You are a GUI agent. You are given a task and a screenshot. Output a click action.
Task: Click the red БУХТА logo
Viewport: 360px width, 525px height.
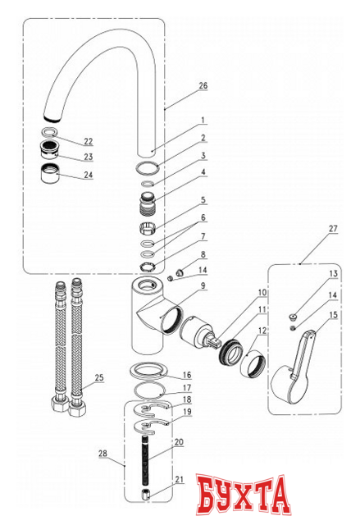[x=243, y=494]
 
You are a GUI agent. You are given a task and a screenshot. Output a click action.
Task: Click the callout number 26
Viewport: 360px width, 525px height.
[x=203, y=85]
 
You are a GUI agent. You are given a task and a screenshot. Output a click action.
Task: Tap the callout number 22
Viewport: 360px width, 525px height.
[x=89, y=141]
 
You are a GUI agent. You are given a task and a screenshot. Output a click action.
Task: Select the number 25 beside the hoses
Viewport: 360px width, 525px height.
[x=99, y=377]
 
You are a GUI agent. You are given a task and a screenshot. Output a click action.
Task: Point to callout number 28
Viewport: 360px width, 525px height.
[x=103, y=454]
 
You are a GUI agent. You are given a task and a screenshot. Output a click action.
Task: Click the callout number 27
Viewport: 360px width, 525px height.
[x=333, y=229]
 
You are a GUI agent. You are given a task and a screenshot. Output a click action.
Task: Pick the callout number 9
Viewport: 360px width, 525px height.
[x=203, y=286]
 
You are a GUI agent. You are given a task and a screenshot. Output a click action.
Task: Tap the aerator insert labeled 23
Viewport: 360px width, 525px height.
[x=49, y=149]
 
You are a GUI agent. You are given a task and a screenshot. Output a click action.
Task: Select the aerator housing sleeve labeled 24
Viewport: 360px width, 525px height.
[x=50, y=172]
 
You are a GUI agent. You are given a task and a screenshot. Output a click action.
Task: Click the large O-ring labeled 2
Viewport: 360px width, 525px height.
[x=148, y=167]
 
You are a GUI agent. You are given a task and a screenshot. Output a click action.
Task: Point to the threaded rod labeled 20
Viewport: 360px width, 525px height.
[x=145, y=460]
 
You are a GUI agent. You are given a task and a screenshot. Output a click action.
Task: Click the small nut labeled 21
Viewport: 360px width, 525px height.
[x=145, y=495]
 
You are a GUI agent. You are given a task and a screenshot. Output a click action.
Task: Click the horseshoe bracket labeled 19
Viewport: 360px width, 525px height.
[x=150, y=427]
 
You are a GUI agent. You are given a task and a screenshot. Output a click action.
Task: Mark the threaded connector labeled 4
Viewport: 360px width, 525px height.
[x=148, y=202]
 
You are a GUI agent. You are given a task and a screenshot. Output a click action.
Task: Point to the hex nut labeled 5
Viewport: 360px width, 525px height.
[x=148, y=227]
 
